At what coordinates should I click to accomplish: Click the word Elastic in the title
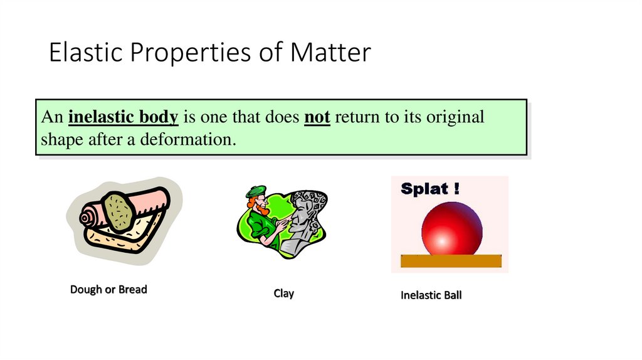click(84, 53)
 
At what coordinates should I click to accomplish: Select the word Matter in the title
click(330, 53)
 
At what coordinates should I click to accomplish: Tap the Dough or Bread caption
click(108, 290)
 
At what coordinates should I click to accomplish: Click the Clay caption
click(283, 294)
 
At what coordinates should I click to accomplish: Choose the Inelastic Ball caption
click(431, 295)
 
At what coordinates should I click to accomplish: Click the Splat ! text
click(430, 189)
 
